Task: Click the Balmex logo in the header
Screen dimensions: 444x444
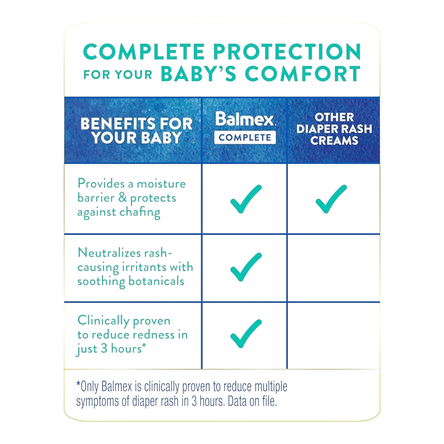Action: [x=245, y=119]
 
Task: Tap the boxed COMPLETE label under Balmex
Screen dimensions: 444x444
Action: [x=245, y=137]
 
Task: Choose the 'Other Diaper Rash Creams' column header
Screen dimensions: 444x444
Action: [x=334, y=129]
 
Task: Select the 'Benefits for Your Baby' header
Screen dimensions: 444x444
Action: [x=136, y=131]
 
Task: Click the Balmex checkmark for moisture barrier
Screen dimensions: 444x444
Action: [x=246, y=198]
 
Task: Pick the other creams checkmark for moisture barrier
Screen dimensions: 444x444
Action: [x=331, y=198]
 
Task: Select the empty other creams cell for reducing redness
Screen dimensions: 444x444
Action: [x=334, y=336]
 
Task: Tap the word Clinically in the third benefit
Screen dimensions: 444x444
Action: [x=103, y=320]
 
